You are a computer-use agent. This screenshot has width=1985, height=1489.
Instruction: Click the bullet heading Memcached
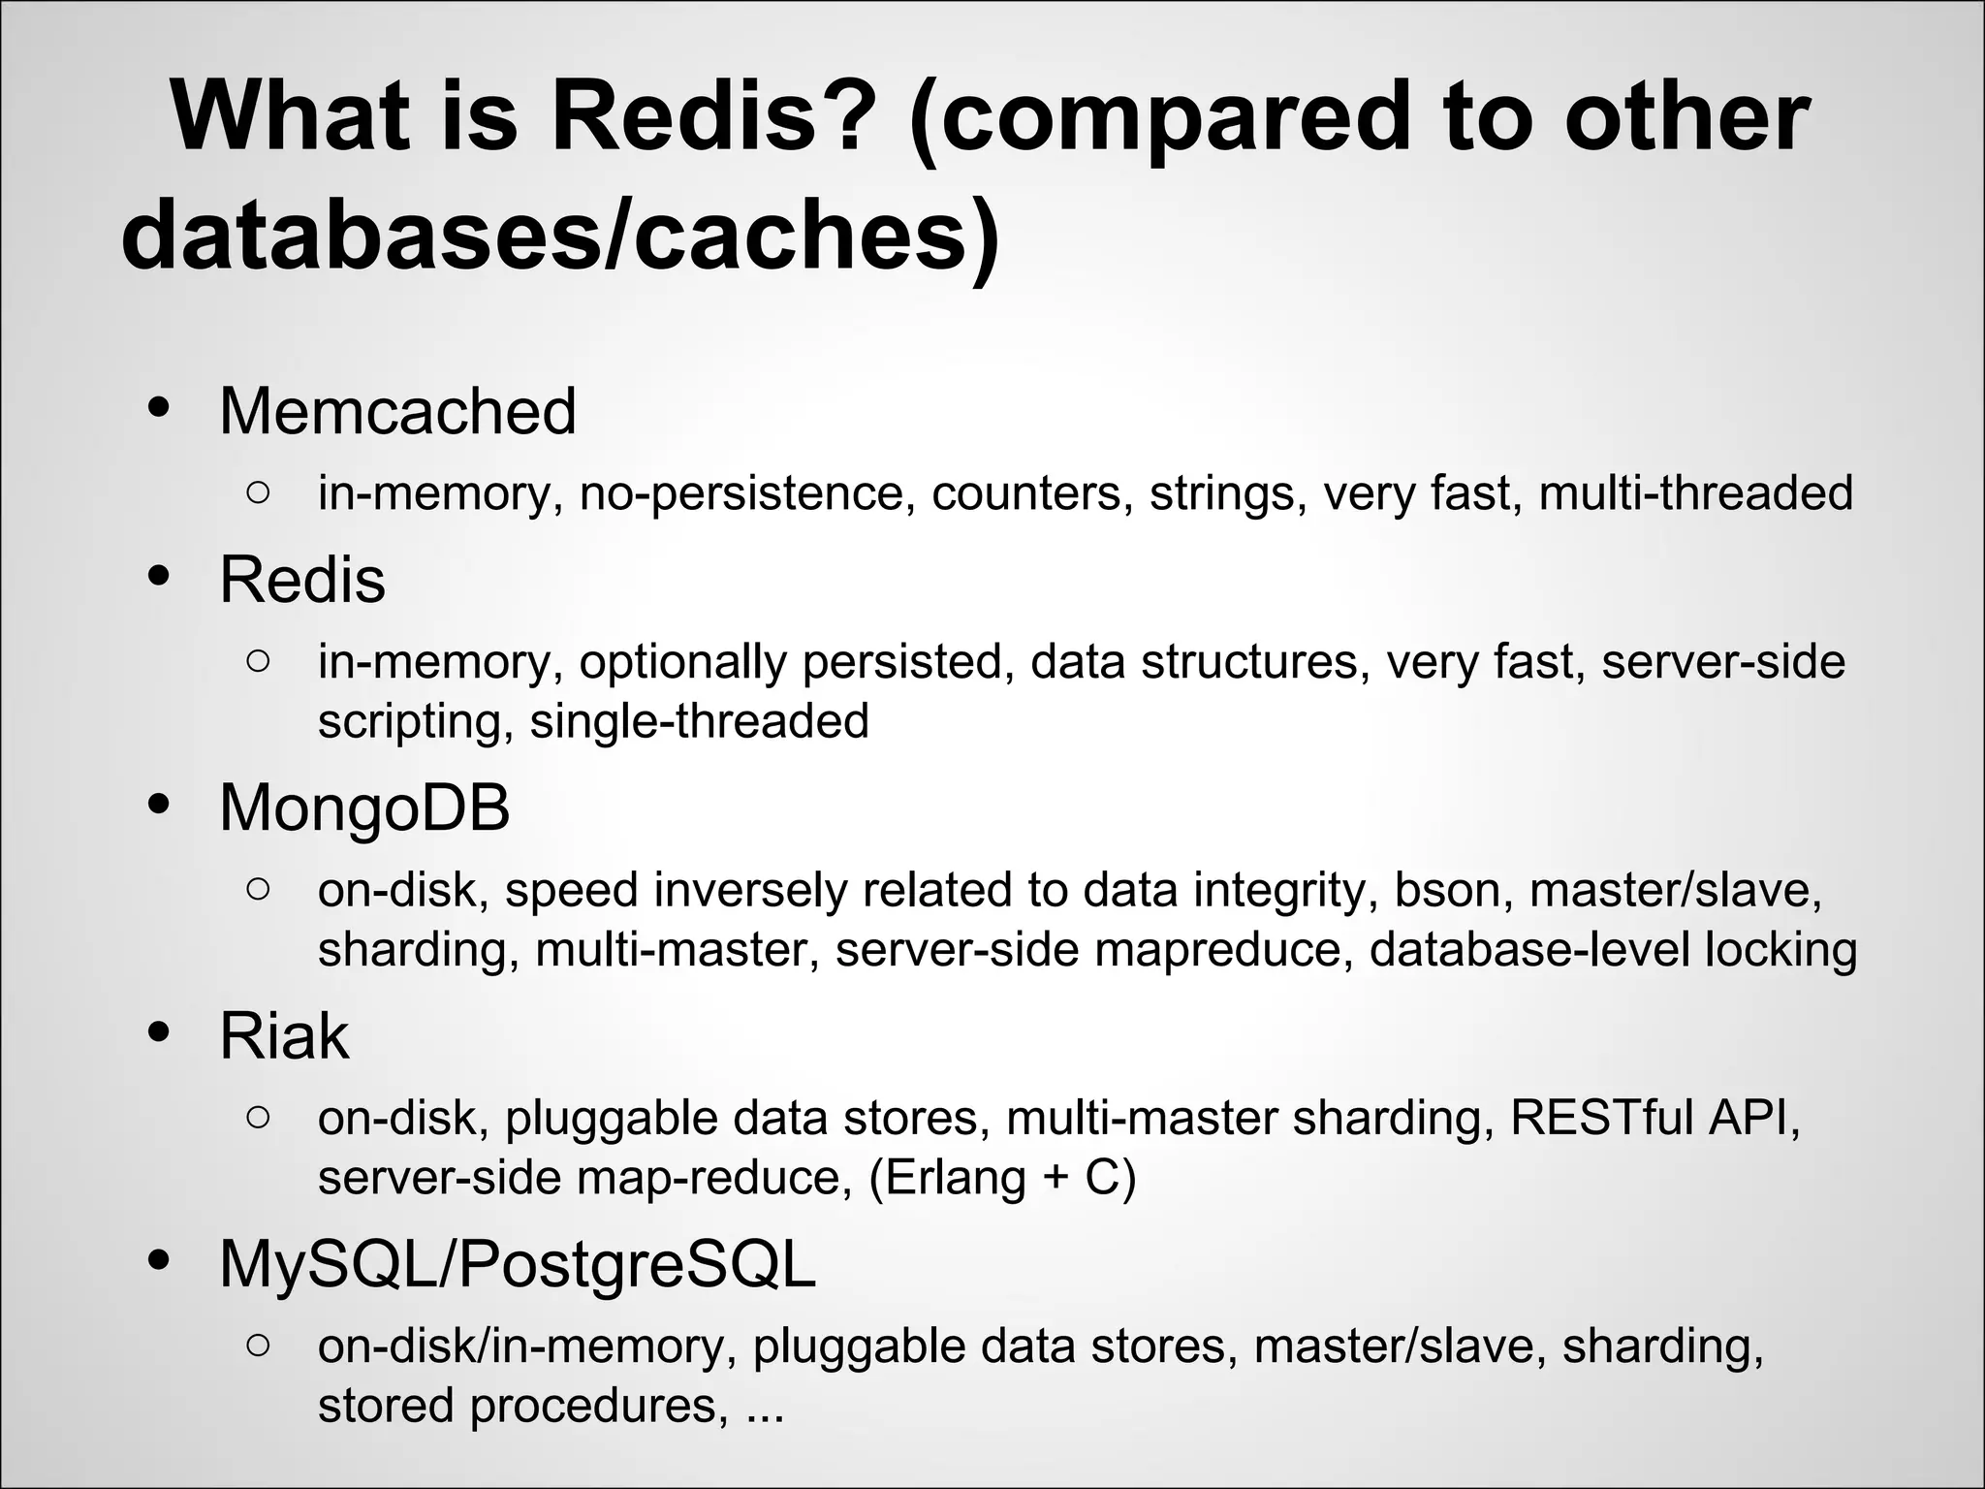click(x=397, y=412)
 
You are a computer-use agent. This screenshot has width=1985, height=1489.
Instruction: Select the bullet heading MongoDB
click(x=364, y=808)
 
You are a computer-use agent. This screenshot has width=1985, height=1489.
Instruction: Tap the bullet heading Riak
click(x=283, y=1036)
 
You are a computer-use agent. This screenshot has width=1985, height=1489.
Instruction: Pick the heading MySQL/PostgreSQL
click(x=518, y=1265)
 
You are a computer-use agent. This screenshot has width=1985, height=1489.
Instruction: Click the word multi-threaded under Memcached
click(x=1695, y=492)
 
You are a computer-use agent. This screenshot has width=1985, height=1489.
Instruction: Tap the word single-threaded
click(x=699, y=721)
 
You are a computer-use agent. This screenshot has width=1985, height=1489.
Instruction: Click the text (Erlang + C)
click(x=1002, y=1178)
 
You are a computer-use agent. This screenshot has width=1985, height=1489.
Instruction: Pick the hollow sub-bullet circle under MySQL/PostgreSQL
click(x=258, y=1345)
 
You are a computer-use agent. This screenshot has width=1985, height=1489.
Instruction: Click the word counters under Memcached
click(x=1032, y=492)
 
